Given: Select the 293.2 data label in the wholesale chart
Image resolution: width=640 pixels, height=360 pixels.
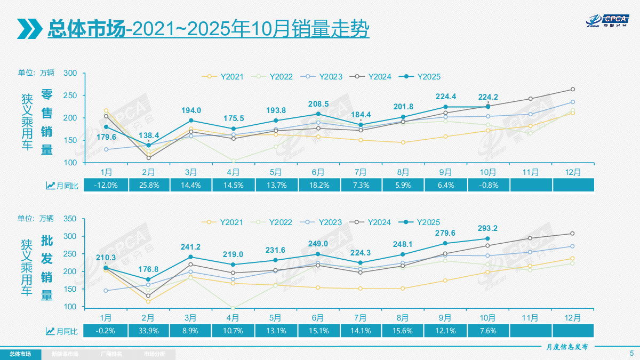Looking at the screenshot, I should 487,228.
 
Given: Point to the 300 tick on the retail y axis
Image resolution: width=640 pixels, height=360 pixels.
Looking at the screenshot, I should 70,74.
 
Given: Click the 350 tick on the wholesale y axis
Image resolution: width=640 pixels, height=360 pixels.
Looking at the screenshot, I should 70,219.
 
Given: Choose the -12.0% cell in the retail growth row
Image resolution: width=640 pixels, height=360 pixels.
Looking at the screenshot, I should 106,185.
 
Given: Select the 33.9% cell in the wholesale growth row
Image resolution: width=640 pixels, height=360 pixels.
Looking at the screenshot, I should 148,331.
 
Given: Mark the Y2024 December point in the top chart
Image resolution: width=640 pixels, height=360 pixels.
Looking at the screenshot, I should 572,89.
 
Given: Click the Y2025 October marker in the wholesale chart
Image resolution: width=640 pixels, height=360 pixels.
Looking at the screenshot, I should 487,238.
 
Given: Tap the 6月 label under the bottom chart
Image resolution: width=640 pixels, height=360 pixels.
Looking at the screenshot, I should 318,317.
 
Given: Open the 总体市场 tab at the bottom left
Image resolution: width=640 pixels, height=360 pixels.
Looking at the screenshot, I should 20,354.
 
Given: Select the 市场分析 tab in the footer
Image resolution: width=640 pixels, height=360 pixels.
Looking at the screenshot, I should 154,354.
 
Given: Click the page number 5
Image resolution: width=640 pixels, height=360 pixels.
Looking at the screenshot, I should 631,353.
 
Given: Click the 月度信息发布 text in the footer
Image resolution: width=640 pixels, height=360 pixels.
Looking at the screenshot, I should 567,347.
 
